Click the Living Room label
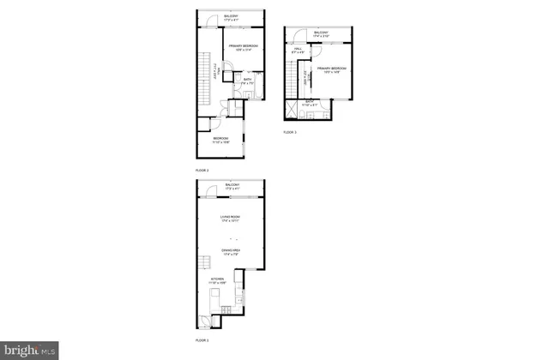coord(230,219)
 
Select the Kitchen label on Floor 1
coord(217,280)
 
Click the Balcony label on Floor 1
coord(232,186)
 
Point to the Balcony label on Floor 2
coord(232,18)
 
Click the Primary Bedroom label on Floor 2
coord(243,47)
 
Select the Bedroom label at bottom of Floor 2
coord(220,140)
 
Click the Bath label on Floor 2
coord(247,82)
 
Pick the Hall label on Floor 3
coord(298,51)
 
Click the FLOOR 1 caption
coord(202,340)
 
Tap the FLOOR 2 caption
coord(202,171)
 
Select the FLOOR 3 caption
coord(290,132)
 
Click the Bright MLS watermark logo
coord(31,350)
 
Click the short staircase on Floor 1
coord(206,263)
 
